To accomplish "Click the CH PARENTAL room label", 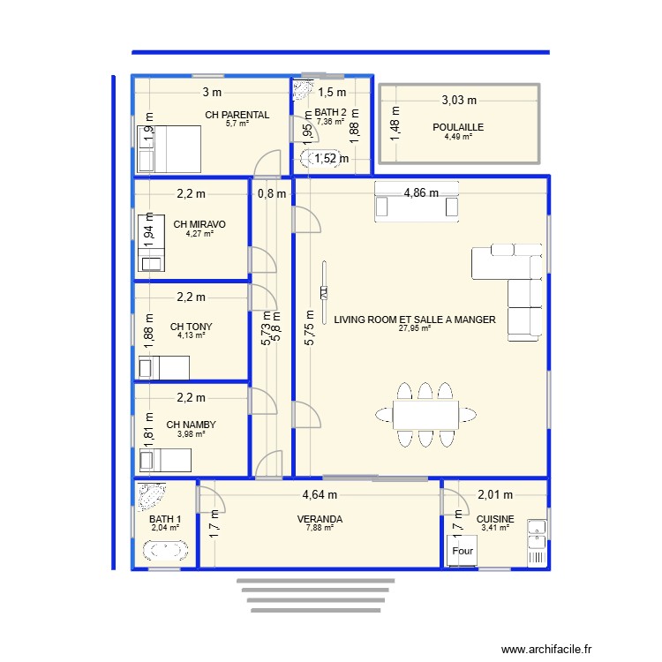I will pos(237,115).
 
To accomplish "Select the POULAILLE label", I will pos(458,127).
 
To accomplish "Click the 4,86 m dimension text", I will pos(420,192).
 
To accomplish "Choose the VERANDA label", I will pos(320,520).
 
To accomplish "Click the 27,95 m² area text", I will pos(414,328).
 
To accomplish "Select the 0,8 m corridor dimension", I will pos(272,193).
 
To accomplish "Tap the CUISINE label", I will pos(495,520).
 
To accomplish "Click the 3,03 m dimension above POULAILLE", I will pos(458,101).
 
